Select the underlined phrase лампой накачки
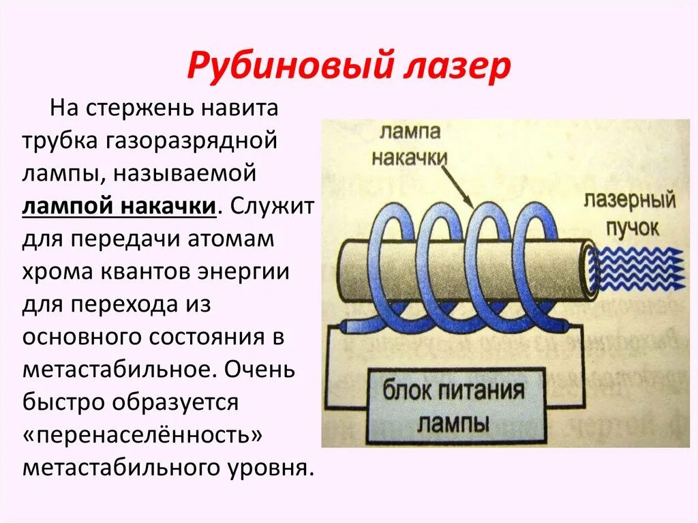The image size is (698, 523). point(120,207)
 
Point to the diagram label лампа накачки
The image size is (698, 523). point(410,143)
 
